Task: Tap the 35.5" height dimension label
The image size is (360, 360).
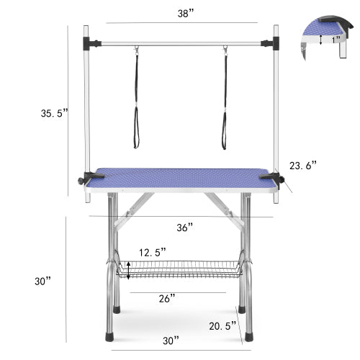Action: pos(54,112)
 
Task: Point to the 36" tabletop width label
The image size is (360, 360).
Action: pos(184,227)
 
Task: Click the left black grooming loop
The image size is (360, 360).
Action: pos(136,101)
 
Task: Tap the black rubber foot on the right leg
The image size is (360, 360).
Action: pos(248,335)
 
